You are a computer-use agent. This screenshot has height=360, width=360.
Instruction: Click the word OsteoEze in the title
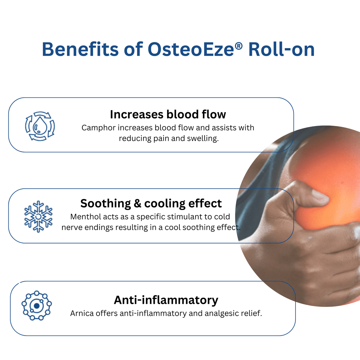191,49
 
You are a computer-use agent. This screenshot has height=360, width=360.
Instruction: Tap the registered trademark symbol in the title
238,46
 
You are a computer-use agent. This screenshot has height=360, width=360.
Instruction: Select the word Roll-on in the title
281,49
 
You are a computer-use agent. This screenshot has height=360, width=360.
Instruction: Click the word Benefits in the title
80,49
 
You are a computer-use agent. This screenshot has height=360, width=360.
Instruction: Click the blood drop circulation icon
40,126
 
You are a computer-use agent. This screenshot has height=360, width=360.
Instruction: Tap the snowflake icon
38,217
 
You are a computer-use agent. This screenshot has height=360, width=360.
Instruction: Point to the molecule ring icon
37,305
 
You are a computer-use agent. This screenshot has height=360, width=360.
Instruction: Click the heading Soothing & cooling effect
151,203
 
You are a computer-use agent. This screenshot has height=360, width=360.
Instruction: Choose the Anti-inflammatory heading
166,300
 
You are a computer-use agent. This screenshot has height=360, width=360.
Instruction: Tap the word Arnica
82,313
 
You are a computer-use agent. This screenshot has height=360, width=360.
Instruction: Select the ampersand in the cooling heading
137,203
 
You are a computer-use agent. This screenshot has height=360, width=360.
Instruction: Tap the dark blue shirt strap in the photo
269,172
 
